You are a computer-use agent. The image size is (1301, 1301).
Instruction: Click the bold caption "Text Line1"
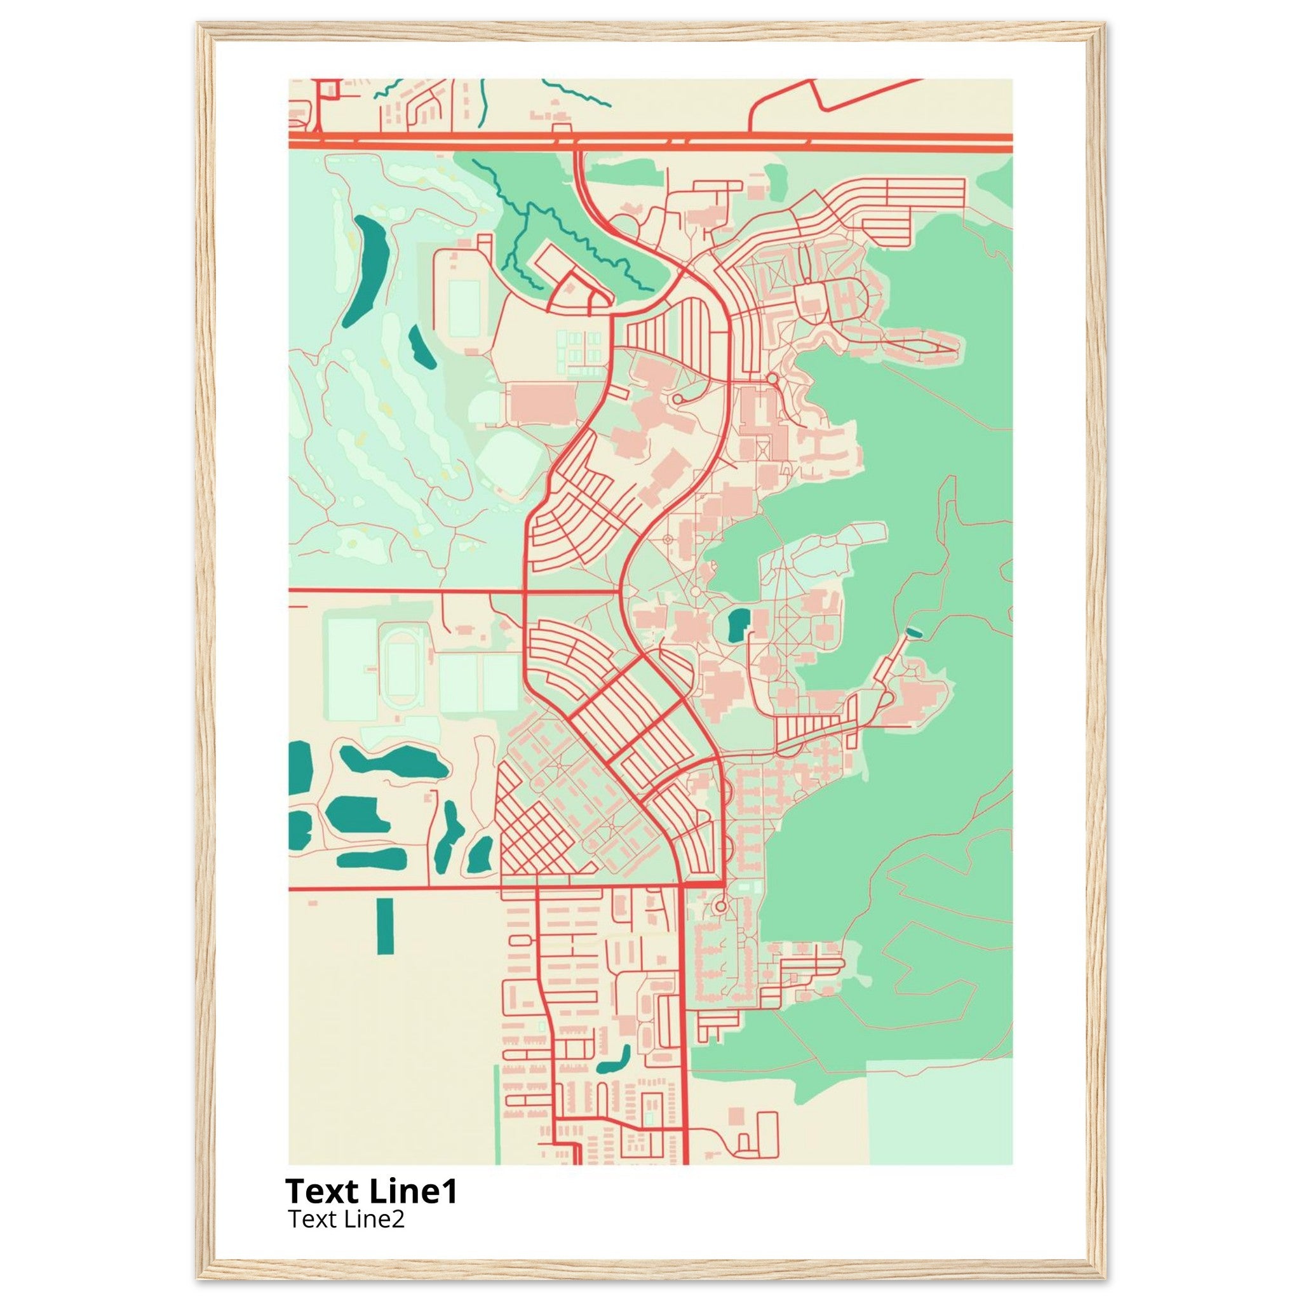[x=371, y=1191]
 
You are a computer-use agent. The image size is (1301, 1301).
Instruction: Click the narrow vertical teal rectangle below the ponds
[x=385, y=926]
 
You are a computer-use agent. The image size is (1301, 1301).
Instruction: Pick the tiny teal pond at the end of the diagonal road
[x=913, y=631]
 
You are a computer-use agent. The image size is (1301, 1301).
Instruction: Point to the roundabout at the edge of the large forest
[x=772, y=380]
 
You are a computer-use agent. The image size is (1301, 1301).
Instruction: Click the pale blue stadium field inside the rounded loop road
[x=464, y=308]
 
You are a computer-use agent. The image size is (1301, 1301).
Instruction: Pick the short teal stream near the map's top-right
[x=577, y=93]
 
